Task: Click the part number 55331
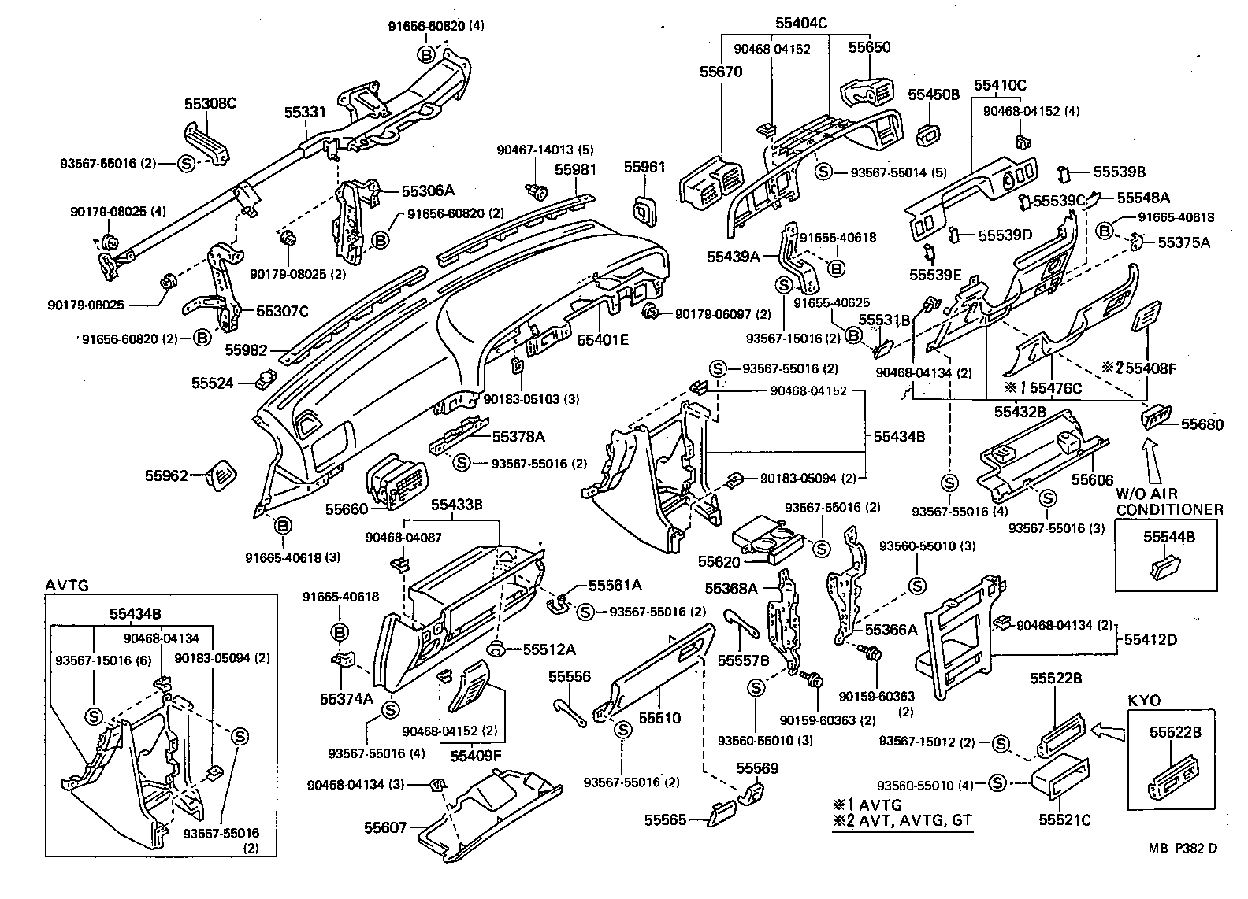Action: (305, 113)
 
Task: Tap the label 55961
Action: (644, 167)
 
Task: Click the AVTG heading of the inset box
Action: (68, 585)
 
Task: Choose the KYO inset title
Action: (1144, 701)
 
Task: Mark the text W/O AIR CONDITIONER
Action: (1169, 501)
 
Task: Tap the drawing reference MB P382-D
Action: (1183, 849)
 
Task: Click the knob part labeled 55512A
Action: (497, 649)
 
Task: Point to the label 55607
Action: (385, 827)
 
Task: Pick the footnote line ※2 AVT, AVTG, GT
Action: (903, 821)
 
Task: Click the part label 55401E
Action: (603, 339)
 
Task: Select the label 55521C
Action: (1064, 820)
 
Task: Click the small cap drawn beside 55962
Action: (220, 475)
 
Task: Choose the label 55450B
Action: (934, 94)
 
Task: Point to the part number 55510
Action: (659, 718)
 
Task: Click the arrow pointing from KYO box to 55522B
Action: (1108, 731)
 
